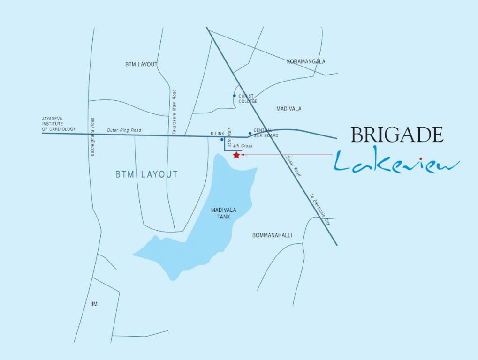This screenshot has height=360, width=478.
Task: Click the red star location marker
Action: [236, 155]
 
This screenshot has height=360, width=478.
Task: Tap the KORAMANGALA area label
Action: [306, 61]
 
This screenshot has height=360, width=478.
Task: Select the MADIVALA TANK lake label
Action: [223, 213]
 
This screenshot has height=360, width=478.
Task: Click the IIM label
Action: [94, 304]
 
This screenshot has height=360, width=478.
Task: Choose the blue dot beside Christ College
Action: [234, 96]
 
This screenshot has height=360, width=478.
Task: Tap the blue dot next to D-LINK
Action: [222, 139]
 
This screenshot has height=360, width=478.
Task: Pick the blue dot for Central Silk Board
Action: [250, 133]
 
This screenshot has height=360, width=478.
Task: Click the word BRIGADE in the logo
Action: [397, 135]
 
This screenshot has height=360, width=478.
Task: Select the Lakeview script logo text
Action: [397, 162]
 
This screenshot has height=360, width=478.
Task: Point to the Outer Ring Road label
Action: [124, 130]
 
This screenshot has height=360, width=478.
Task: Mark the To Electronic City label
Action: [320, 209]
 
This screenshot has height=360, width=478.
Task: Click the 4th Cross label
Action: [243, 146]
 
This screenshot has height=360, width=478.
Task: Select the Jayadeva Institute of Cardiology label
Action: [59, 124]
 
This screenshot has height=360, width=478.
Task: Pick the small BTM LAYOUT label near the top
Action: [141, 64]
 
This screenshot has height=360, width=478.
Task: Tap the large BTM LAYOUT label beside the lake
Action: [146, 174]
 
